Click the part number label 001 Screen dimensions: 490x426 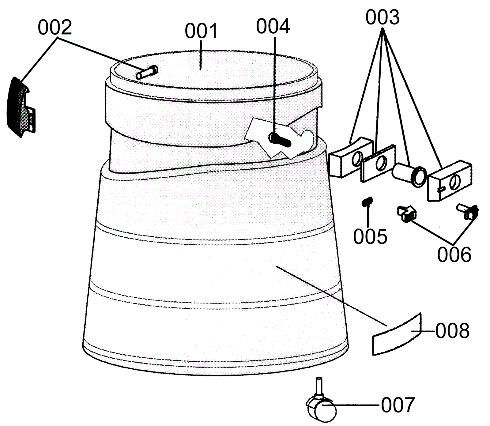(x=201, y=32)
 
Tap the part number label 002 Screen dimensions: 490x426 (x=55, y=28)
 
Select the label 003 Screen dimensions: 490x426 (x=383, y=17)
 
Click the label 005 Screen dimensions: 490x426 (x=370, y=236)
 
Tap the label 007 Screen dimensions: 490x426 (x=398, y=405)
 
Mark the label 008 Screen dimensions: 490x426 (x=452, y=331)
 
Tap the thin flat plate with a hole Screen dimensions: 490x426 (x=378, y=163)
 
